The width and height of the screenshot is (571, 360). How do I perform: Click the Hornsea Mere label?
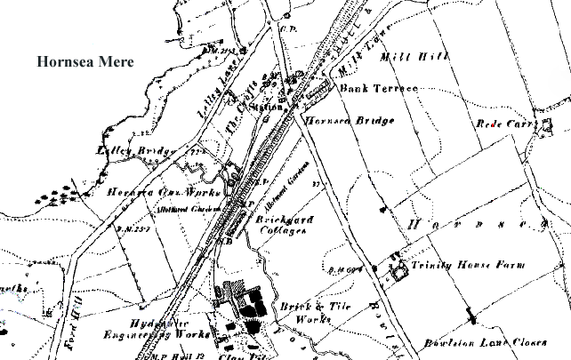click(x=84, y=62)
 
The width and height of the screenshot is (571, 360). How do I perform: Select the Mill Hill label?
click(x=403, y=58)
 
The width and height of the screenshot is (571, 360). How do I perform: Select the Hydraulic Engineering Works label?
click(x=169, y=327)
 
